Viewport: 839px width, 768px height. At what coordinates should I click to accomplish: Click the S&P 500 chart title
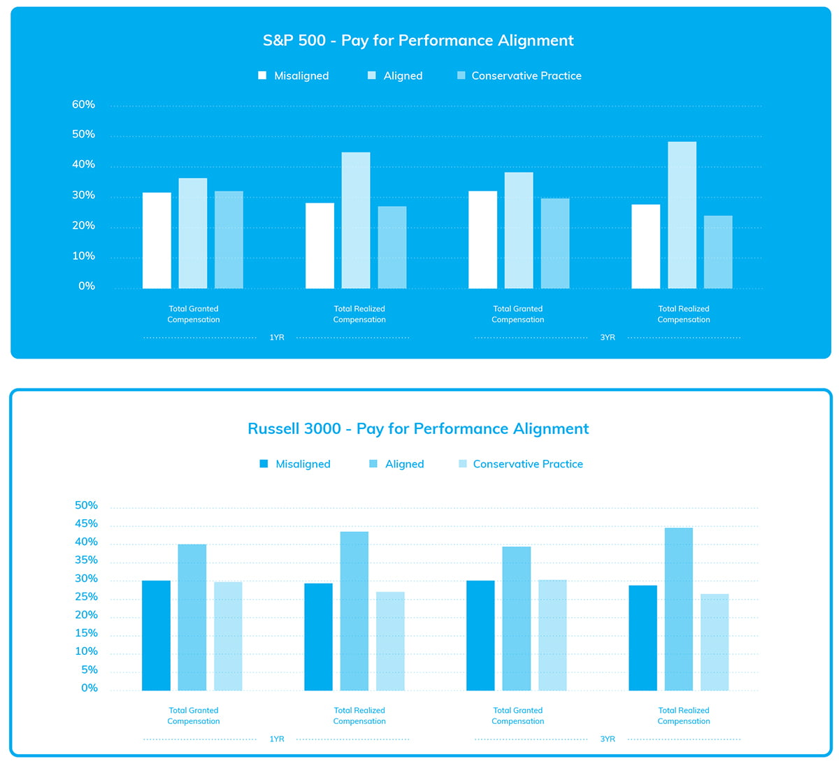pos(418,41)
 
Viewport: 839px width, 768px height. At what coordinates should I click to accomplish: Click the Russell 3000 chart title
pos(418,428)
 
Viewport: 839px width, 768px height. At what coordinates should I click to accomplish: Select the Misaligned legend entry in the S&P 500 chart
pos(294,75)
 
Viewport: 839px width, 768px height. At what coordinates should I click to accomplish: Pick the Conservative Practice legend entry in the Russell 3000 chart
pos(521,464)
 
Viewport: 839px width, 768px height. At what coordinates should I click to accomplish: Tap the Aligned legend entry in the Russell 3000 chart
pos(396,464)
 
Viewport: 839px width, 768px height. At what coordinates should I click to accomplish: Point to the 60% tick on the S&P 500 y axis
pos(83,105)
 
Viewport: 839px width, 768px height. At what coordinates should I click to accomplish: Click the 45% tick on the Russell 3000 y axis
pos(86,524)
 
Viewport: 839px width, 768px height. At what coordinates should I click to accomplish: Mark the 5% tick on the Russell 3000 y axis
pos(89,670)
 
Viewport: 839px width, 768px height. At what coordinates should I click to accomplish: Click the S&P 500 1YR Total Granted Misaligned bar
pos(157,240)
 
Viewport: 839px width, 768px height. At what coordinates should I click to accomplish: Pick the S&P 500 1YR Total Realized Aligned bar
pos(356,220)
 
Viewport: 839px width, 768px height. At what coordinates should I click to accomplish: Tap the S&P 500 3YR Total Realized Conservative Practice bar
pos(718,252)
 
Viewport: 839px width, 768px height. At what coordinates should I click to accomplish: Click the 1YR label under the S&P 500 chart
pos(277,338)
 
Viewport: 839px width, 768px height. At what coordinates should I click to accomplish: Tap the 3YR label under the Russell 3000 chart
pos(608,739)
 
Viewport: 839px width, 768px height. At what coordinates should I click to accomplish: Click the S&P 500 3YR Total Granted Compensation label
pos(517,314)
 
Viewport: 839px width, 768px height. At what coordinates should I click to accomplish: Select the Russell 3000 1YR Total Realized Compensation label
pos(359,716)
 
